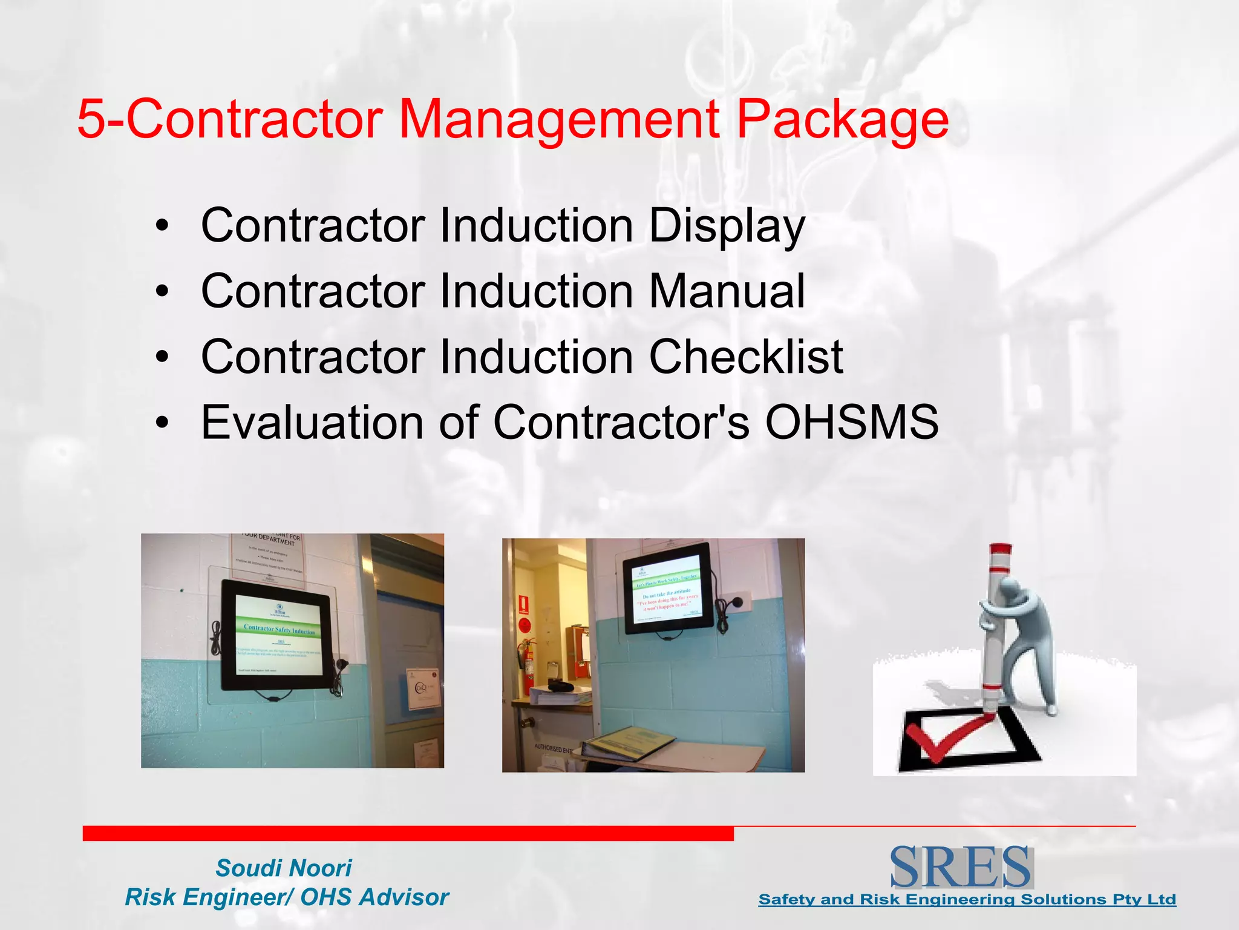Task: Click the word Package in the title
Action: (842, 119)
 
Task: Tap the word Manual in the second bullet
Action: (727, 291)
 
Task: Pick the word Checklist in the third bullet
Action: (746, 357)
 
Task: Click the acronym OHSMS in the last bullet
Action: (852, 422)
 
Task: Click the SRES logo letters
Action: (961, 867)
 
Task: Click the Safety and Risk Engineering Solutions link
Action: (967, 900)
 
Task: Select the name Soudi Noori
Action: (284, 868)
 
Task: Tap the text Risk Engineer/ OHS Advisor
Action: (287, 897)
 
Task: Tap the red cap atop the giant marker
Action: (999, 558)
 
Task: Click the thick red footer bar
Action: (408, 833)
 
